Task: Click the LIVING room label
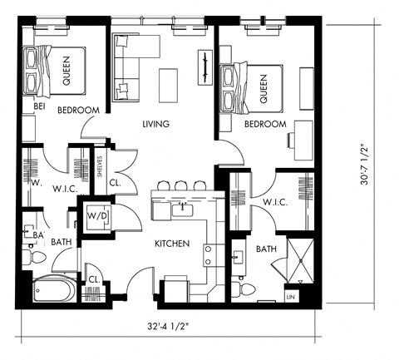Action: (155, 125)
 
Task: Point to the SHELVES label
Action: (99, 165)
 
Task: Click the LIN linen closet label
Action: (291, 296)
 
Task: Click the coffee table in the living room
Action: (169, 82)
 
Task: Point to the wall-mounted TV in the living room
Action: (203, 67)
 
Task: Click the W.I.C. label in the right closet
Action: (275, 203)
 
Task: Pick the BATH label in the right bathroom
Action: (266, 249)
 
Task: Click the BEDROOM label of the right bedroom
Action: (265, 125)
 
